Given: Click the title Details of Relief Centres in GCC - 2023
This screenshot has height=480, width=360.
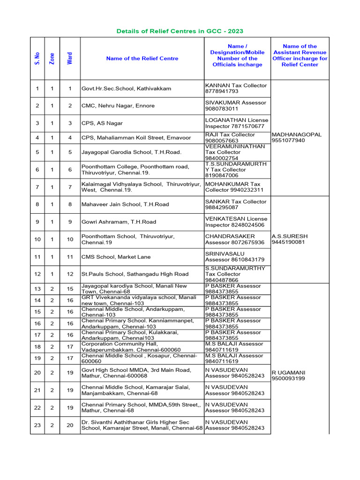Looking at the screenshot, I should click(180, 31).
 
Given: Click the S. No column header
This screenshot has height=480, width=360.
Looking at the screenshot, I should click(37, 59).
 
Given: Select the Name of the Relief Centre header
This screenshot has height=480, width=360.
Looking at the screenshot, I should click(142, 59).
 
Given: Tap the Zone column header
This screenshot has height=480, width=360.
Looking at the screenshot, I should click(52, 59).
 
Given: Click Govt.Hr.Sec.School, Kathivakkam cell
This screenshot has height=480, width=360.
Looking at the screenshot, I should click(126, 89).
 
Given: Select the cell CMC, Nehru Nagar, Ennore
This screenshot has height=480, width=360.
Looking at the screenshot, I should click(118, 106).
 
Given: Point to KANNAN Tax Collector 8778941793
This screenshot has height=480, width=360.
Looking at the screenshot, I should click(236, 89).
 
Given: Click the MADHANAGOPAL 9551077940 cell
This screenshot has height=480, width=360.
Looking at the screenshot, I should click(297, 137).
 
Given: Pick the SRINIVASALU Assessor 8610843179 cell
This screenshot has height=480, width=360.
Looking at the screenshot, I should click(234, 256).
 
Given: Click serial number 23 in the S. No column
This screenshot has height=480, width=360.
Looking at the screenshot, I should click(37, 425).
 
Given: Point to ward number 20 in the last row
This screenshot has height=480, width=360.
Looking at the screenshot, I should click(70, 425).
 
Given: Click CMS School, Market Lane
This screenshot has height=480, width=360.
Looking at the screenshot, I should click(111, 257).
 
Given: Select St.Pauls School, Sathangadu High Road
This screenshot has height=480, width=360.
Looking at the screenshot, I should click(135, 274).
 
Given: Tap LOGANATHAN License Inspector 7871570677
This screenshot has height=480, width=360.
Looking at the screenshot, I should click(236, 123).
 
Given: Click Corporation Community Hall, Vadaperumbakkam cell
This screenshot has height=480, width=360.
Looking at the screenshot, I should click(131, 347).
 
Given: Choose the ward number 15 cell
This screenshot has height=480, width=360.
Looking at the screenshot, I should click(70, 289).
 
